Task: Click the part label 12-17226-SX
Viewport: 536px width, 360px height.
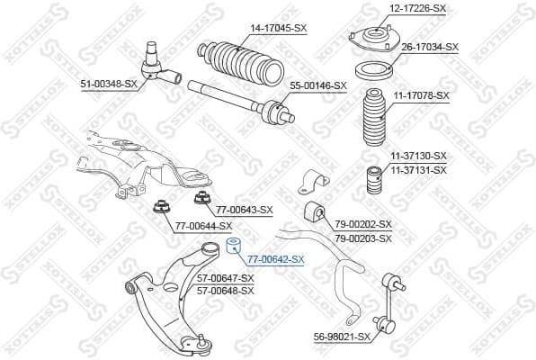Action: (x=416, y=8)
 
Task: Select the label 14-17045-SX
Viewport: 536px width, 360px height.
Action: (x=278, y=28)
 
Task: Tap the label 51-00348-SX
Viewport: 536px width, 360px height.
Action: (x=109, y=84)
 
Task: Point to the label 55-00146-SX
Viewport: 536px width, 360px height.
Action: (x=317, y=85)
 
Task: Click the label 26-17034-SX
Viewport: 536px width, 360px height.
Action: (x=429, y=47)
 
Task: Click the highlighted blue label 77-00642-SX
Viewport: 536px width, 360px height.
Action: (x=276, y=259)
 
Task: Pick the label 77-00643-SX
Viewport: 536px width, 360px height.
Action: (x=244, y=210)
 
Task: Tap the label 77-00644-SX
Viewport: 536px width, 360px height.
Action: (x=203, y=225)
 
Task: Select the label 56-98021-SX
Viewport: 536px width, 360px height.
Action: (x=342, y=337)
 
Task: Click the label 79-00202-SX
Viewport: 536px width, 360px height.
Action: (x=362, y=224)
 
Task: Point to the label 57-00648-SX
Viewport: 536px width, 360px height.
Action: (x=226, y=292)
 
